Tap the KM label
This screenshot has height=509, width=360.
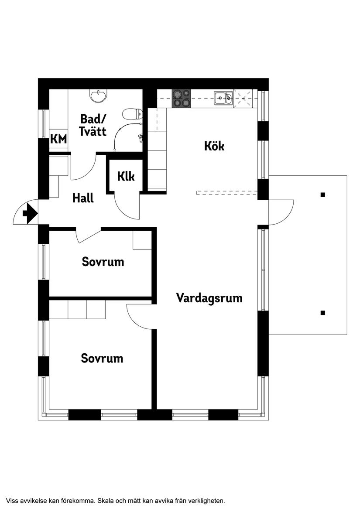pyautogui.click(x=58, y=139)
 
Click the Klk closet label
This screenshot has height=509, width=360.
pyautogui.click(x=126, y=176)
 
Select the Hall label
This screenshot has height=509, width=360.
pyautogui.click(x=83, y=198)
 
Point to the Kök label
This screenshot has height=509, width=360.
pyautogui.click(x=214, y=146)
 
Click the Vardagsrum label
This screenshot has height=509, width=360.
pyautogui.click(x=209, y=298)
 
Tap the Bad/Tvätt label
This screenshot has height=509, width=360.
pyautogui.click(x=93, y=125)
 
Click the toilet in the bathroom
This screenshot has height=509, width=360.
pyautogui.click(x=132, y=114)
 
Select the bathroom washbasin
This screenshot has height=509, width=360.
pyautogui.click(x=98, y=96)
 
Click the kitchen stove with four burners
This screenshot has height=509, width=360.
pyautogui.click(x=181, y=99)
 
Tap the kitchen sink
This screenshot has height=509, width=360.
pyautogui.click(x=223, y=99)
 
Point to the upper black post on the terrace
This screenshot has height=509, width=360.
pyautogui.click(x=322, y=195)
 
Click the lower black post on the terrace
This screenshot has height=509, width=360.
pyautogui.click(x=322, y=313)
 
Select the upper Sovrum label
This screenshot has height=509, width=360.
pyautogui.click(x=103, y=262)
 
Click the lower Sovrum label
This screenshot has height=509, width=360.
pyautogui.click(x=102, y=358)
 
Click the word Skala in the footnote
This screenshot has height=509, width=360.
pyautogui.click(x=105, y=500)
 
